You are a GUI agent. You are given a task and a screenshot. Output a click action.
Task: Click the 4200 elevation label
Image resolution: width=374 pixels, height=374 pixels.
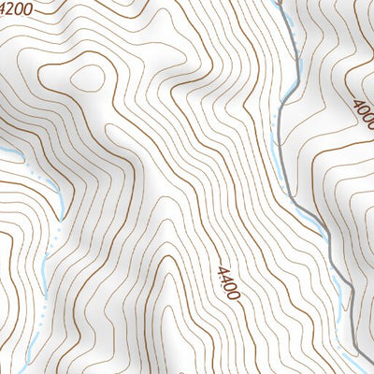click(15, 8)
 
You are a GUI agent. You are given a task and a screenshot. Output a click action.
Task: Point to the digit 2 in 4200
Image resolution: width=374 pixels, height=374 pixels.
click(12, 7)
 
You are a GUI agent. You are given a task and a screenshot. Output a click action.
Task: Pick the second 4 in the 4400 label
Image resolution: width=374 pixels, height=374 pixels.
click(225, 277)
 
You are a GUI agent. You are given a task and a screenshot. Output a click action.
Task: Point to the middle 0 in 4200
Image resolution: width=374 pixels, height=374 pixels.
click(20, 9)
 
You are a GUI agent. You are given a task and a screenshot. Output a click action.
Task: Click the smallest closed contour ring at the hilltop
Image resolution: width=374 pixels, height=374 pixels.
click(86, 78)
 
